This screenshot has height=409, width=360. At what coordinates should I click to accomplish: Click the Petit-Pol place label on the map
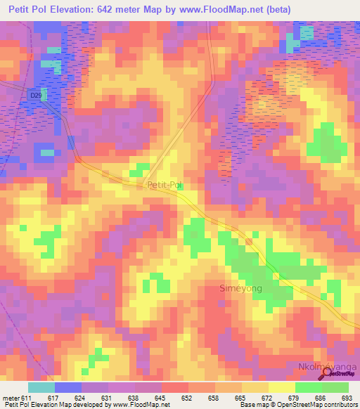click(x=165, y=185)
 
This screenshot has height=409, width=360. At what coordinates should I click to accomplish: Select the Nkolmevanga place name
click(x=326, y=368)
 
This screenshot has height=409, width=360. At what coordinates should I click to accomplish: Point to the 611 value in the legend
click(x=27, y=398)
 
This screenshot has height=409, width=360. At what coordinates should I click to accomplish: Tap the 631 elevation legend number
click(x=108, y=398)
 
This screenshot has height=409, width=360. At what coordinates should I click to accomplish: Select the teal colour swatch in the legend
click(x=41, y=387)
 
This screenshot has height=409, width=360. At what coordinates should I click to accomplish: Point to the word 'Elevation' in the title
click(x=72, y=8)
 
